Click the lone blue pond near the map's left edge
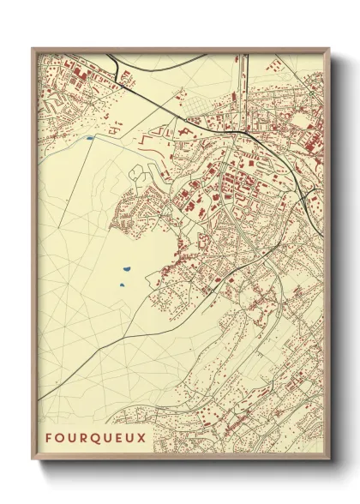tap(88, 137)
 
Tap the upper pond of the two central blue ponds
tap(126, 267)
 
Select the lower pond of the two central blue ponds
tap(123, 283)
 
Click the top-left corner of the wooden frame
tap(33, 49)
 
